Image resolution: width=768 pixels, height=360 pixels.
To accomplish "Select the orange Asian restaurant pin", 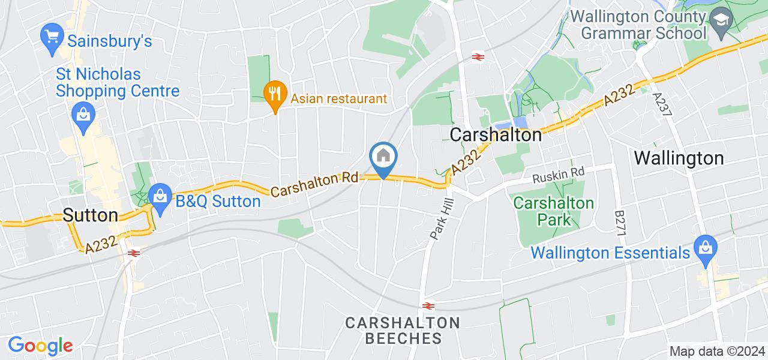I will coord(274,95).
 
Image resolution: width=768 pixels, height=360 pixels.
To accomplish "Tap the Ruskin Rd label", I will coord(559,173).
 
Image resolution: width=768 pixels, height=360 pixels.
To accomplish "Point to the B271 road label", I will coord(620,223).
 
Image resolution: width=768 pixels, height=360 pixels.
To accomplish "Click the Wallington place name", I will coord(679,158).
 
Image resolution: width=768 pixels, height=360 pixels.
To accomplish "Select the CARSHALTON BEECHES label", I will coord(403,331).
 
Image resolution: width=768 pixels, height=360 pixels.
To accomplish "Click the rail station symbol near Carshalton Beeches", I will coord(428,305).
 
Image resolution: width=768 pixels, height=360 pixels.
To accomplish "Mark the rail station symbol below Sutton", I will coord(134,253).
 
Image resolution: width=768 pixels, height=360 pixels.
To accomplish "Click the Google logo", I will coord(40,346).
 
